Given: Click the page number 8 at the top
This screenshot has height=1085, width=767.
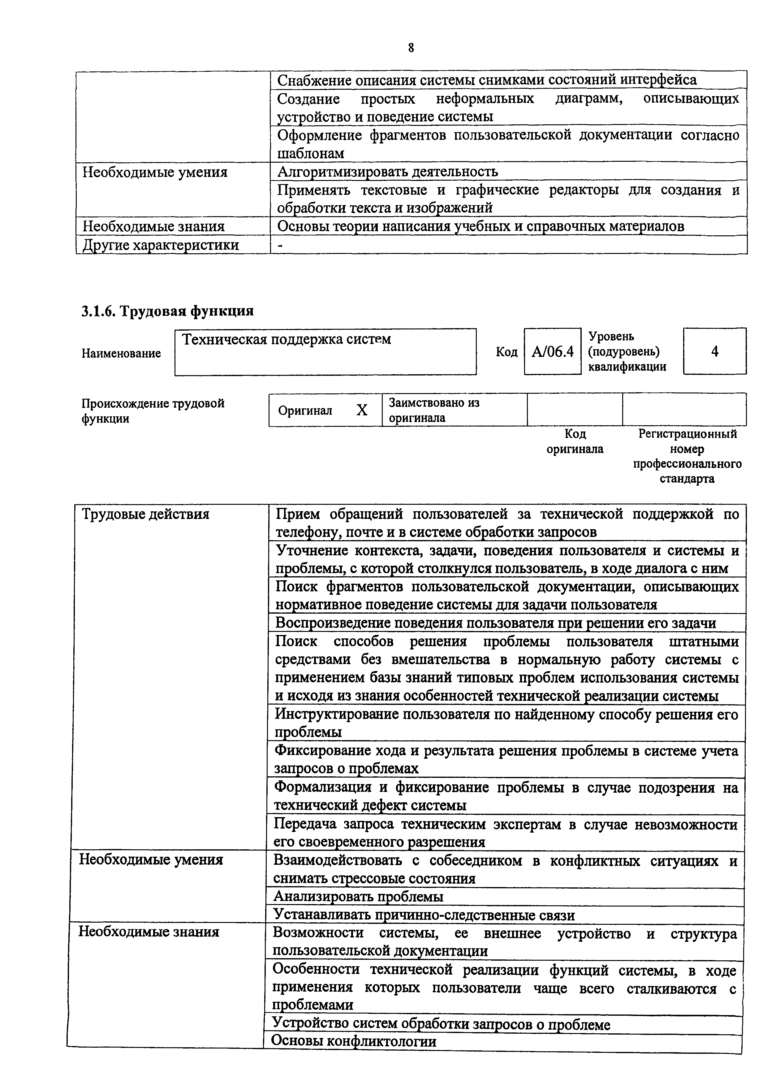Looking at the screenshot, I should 410,48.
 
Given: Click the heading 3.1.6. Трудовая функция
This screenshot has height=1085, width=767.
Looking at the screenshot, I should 167,311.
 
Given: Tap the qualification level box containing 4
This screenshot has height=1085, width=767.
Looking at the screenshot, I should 714,352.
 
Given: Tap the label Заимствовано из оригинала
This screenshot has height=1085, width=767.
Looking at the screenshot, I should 433,410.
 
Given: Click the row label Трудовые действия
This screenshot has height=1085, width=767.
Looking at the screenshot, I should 145,514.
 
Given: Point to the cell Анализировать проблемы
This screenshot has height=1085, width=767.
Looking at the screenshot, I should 358,896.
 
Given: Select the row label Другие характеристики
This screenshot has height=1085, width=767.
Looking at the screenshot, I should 161,245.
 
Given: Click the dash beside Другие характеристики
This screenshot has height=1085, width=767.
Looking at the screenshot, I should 281,245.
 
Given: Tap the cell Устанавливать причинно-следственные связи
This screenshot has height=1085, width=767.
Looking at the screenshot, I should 424,915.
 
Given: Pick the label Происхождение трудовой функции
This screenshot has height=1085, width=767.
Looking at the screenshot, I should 152,411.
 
